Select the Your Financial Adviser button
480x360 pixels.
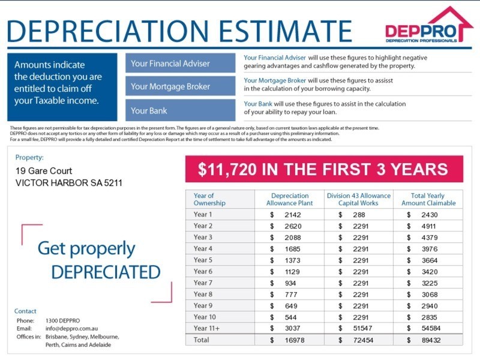click(x=180, y=64)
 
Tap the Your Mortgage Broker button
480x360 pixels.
click(x=180, y=87)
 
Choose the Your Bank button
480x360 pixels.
click(x=180, y=111)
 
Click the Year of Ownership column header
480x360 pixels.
click(x=209, y=199)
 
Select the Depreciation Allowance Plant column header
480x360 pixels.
click(x=290, y=199)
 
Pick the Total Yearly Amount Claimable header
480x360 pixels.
click(x=428, y=199)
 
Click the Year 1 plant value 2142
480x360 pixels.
click(x=293, y=215)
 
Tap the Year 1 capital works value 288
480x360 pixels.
click(x=359, y=215)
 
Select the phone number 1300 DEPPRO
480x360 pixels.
click(x=62, y=321)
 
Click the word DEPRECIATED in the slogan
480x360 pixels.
click(x=106, y=272)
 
